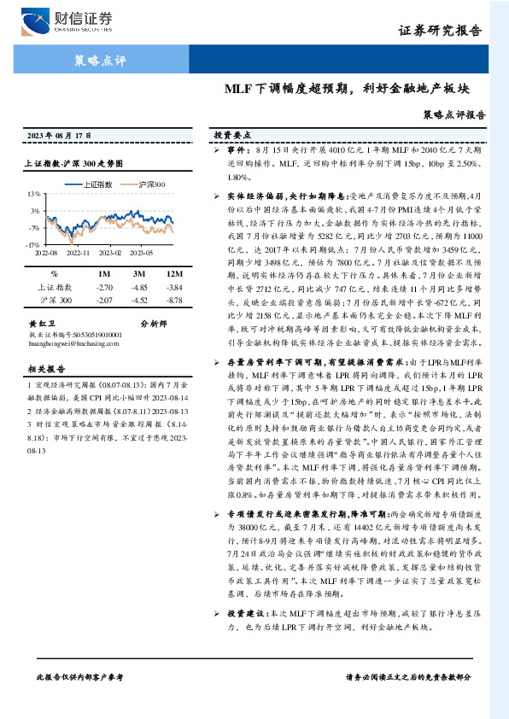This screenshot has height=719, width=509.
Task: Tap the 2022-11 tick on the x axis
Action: click(x=78, y=254)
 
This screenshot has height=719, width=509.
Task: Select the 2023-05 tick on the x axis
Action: click(x=142, y=254)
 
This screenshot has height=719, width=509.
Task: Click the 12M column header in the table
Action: click(x=174, y=274)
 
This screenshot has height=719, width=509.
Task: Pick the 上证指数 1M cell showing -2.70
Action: click(x=105, y=288)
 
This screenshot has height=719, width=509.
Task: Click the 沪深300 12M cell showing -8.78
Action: click(x=174, y=301)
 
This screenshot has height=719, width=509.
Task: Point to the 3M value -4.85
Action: click(x=139, y=288)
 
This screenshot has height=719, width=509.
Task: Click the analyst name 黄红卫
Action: click(x=40, y=324)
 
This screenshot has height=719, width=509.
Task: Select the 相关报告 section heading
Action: click(x=42, y=369)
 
